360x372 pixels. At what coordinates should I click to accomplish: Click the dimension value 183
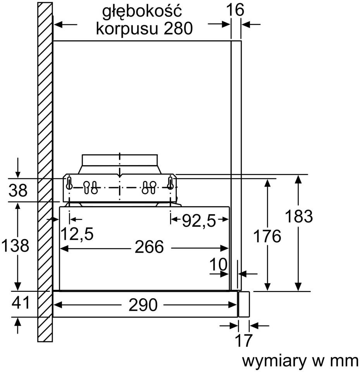coord(298,216)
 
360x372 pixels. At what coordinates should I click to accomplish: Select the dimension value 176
coord(267,236)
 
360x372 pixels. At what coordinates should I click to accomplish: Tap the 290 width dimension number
coord(143,305)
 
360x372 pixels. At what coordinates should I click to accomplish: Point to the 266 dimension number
coord(149,247)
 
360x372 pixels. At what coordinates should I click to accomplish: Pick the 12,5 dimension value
coord(77,234)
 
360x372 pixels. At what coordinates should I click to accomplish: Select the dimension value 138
coord(15,245)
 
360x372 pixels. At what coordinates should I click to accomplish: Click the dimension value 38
coord(18,190)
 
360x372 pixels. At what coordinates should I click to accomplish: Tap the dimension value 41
coord(21,302)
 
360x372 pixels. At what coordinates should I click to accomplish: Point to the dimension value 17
coord(243,341)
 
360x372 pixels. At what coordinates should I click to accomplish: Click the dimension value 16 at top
coord(235,10)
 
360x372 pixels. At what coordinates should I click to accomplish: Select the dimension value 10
coord(219,264)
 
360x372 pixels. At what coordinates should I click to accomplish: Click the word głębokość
coord(142,11)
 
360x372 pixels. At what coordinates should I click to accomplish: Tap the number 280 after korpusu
coord(178,28)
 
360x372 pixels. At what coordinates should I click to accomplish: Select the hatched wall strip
coord(45,172)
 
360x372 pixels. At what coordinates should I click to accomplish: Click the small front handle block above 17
coord(244,304)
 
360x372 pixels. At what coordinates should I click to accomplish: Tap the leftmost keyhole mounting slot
coord(69,183)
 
